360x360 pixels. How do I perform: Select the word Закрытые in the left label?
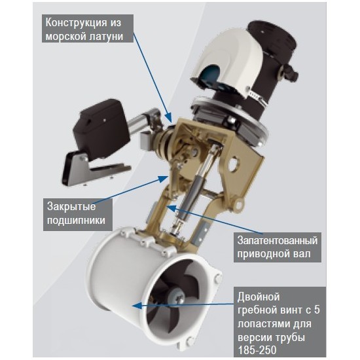[x=71, y=207]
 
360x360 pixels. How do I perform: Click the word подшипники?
[x=76, y=221]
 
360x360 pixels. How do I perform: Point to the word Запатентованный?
[x=278, y=241]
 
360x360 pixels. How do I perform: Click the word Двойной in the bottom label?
[x=259, y=297]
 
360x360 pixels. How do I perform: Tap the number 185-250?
[x=257, y=350]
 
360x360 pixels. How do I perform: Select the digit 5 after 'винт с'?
[x=316, y=310]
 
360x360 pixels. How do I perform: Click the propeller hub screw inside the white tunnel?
[x=177, y=298]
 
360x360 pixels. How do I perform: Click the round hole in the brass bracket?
[x=234, y=163]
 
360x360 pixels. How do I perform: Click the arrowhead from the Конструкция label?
[x=169, y=118]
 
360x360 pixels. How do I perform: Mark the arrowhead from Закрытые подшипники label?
[x=164, y=178]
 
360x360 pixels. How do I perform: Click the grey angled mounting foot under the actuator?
[x=96, y=170]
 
